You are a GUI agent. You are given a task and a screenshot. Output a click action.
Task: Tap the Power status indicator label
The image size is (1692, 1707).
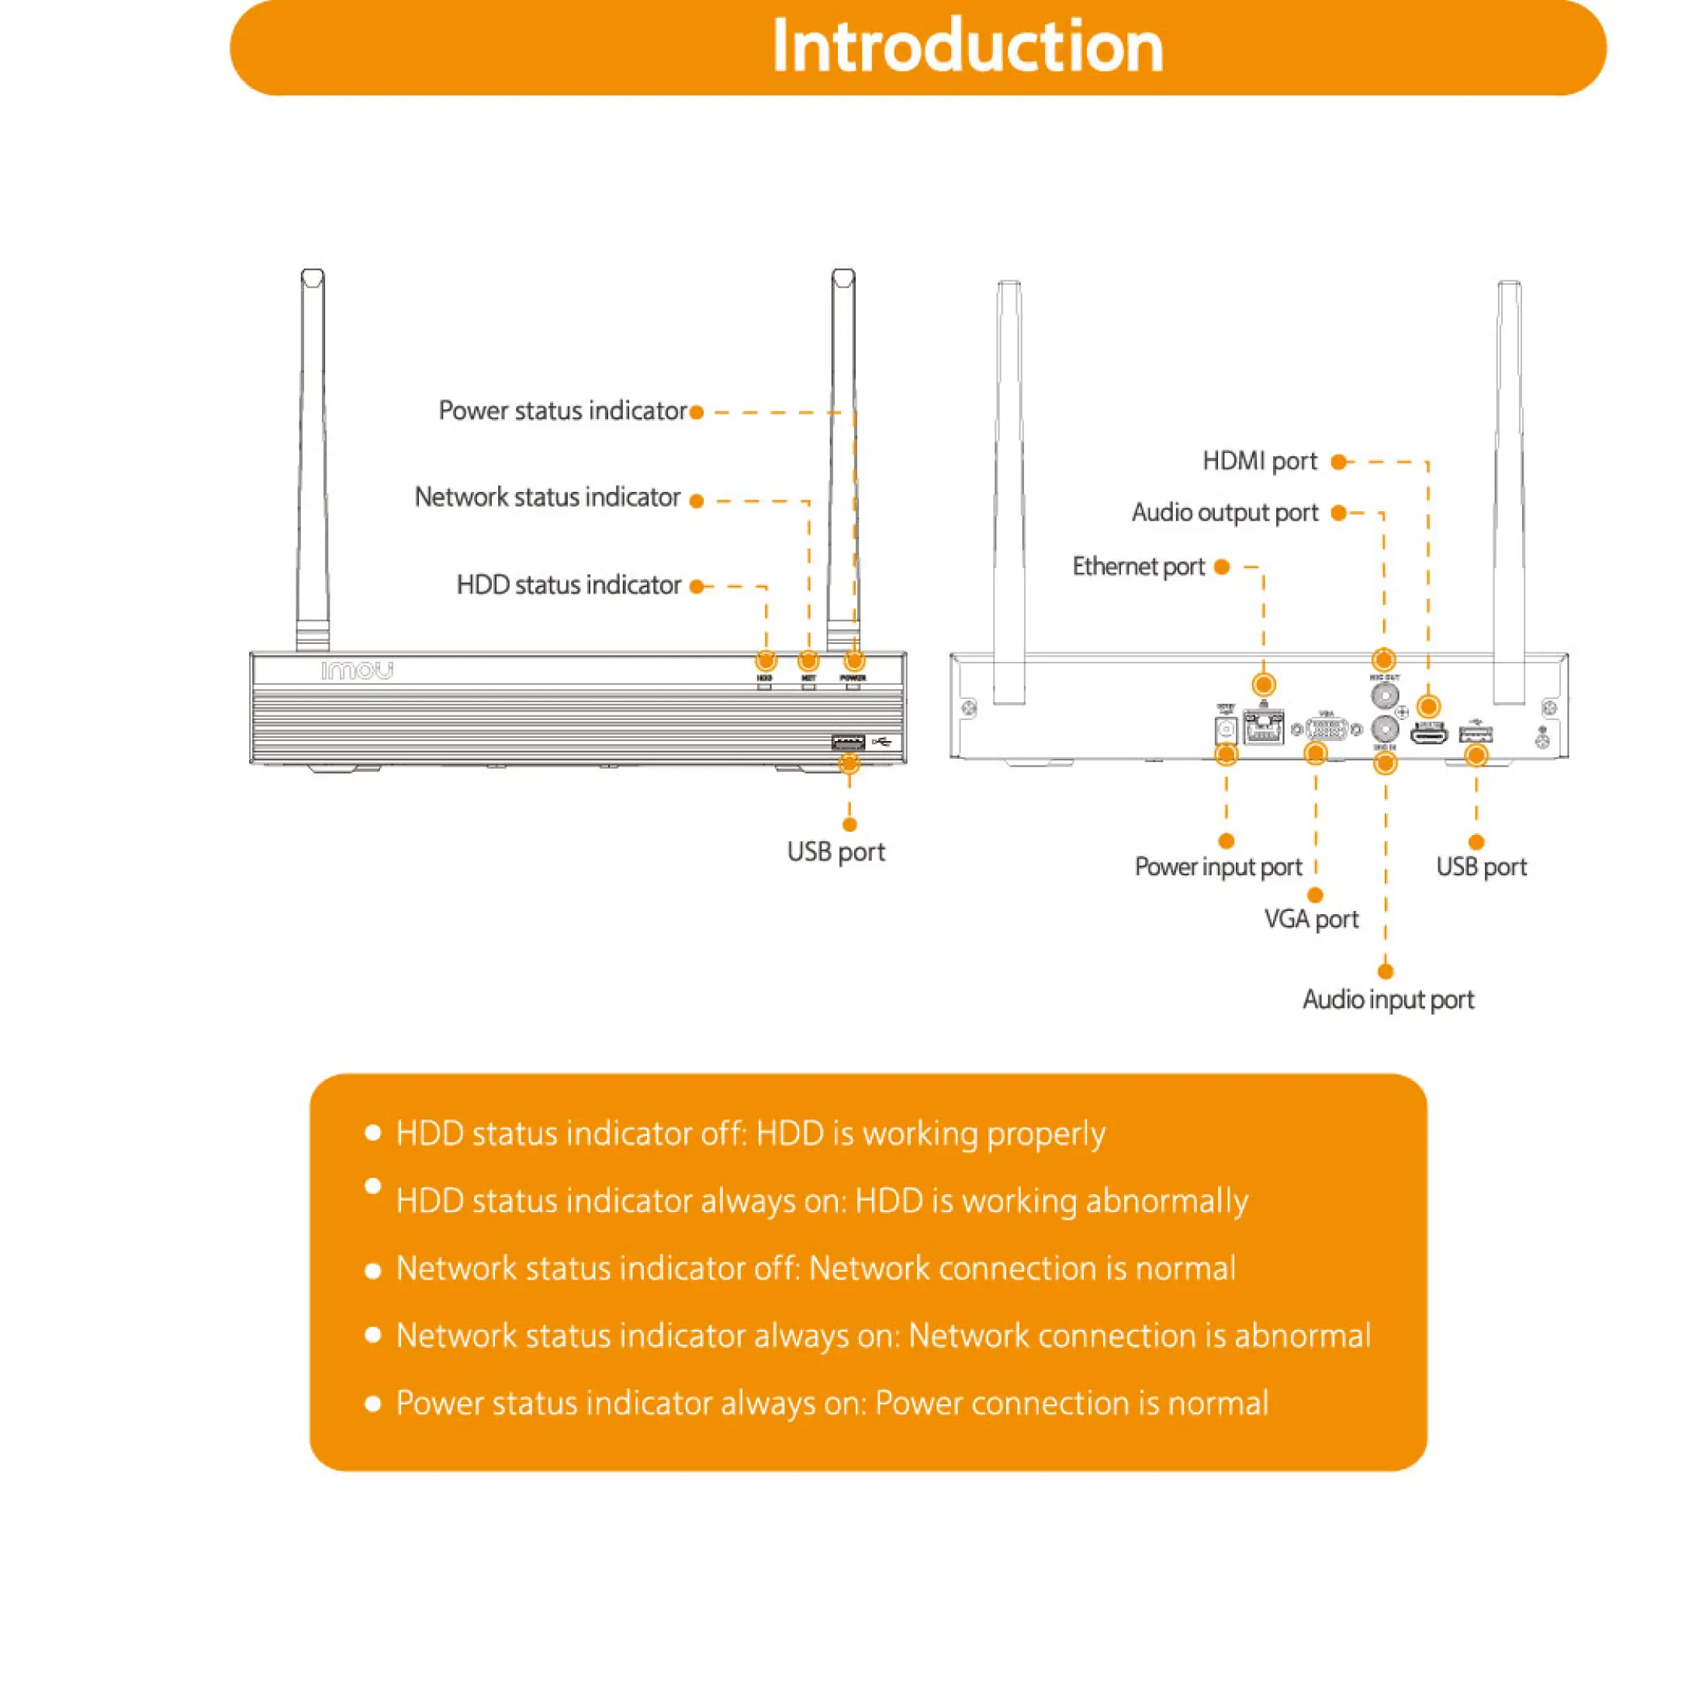tap(562, 411)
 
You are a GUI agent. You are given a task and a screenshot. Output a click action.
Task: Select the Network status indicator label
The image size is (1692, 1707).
tap(547, 497)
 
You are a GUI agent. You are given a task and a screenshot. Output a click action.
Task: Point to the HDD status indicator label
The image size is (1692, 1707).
tap(568, 585)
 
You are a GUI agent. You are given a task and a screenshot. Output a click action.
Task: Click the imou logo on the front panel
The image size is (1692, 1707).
tap(357, 670)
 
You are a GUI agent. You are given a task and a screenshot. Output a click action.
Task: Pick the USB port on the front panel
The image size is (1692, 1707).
tap(847, 741)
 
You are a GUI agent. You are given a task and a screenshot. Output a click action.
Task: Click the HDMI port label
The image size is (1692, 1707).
tap(1259, 461)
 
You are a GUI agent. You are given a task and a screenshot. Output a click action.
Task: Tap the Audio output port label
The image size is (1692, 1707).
tap(1225, 512)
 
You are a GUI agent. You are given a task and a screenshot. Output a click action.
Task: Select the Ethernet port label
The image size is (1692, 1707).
tap(1138, 566)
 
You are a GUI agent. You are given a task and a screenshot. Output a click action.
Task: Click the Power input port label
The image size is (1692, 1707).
tap(1217, 867)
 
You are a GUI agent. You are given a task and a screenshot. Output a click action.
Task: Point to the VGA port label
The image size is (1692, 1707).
tap(1310, 919)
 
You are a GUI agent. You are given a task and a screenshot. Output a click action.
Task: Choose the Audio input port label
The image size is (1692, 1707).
tap(1387, 999)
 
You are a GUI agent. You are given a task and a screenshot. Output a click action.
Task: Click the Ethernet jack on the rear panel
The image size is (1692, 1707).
tap(1264, 726)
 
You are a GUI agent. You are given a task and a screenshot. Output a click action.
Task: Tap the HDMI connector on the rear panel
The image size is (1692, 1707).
tap(1427, 733)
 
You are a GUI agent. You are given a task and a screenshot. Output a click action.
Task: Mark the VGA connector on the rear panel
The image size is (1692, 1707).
tap(1325, 729)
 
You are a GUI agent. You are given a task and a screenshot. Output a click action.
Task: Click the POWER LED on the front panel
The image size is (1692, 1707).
tap(853, 686)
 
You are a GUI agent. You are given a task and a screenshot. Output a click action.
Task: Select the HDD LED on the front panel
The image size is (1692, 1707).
tap(764, 686)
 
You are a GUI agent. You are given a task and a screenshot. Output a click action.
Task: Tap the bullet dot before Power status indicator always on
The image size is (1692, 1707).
tap(373, 1403)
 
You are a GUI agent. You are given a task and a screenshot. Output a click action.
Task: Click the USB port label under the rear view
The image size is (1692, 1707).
tap(1481, 867)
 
